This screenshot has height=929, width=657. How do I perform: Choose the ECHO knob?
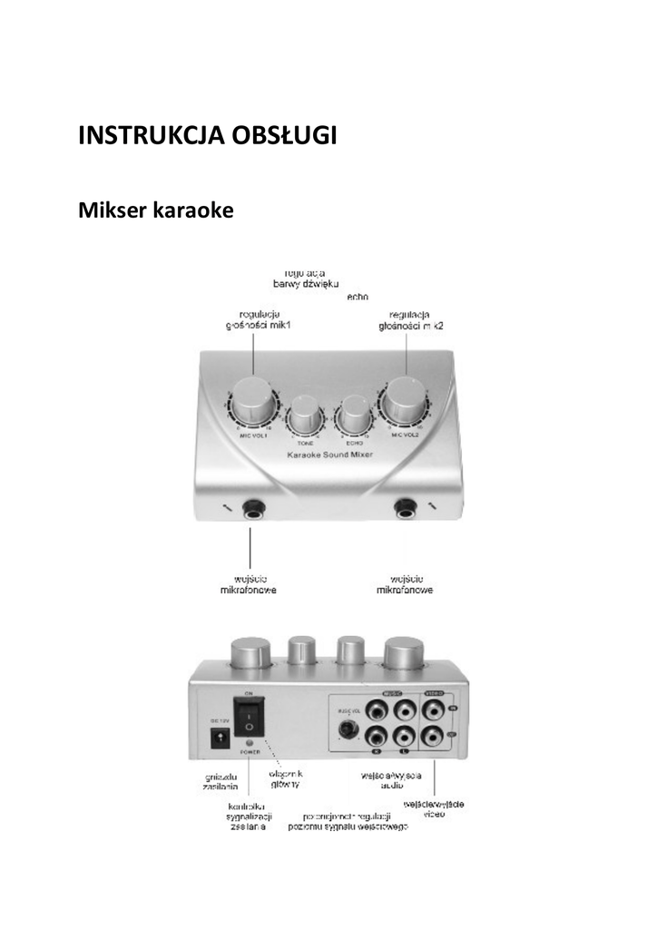click(x=352, y=419)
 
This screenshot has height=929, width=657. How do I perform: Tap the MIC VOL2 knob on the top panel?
click(x=403, y=400)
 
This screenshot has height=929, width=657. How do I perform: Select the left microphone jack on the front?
click(x=250, y=510)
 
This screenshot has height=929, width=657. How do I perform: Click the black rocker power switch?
click(x=250, y=717)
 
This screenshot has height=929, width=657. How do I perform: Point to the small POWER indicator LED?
click(x=250, y=743)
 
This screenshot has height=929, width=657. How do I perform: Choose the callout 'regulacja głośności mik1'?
click(x=251, y=319)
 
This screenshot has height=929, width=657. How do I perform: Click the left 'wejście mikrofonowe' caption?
click(x=249, y=583)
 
